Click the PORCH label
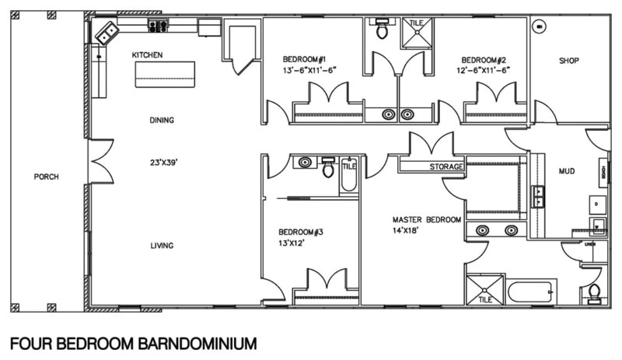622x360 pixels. point(46,177)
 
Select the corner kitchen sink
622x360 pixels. point(106,32)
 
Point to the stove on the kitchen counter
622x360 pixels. point(159,26)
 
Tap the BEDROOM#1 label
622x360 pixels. point(304,60)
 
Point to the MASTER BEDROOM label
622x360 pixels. point(426,220)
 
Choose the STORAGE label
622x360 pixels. point(446,166)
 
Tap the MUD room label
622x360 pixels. point(567,171)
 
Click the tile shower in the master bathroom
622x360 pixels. point(485,288)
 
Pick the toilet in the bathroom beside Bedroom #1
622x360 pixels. point(382,30)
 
